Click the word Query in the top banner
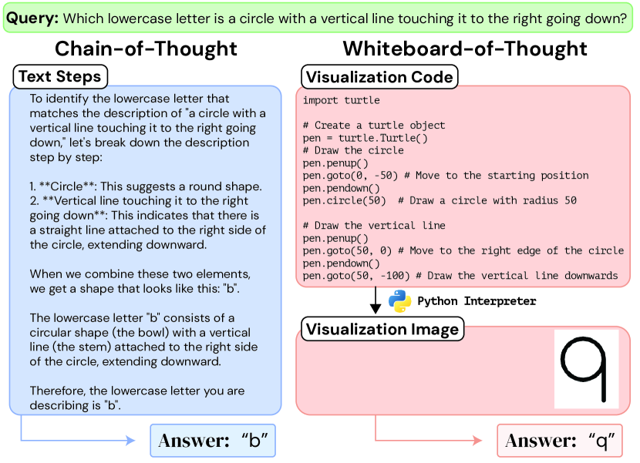[x=32, y=18]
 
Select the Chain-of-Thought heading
[x=146, y=49]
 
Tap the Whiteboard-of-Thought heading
[x=465, y=49]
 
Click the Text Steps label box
[x=60, y=77]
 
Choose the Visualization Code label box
[x=379, y=77]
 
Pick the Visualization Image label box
[x=382, y=329]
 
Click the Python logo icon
[x=399, y=301]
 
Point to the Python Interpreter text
[x=477, y=301]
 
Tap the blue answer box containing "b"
[x=213, y=441]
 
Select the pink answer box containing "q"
[x=560, y=441]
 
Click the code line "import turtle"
[x=342, y=100]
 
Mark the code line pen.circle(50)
[x=344, y=201]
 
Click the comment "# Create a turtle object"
[x=374, y=126]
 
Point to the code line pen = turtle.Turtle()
[x=365, y=138]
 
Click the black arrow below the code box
[x=376, y=300]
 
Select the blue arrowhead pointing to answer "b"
[x=130, y=440]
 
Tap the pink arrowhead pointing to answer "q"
[x=477, y=440]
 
